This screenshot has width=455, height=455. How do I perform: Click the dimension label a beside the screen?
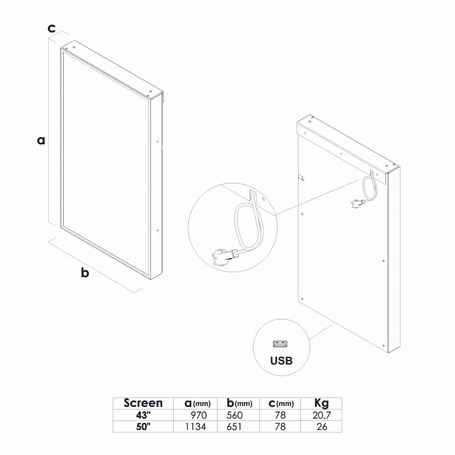tap(41, 141)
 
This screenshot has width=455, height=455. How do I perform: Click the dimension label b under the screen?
tap(85, 273)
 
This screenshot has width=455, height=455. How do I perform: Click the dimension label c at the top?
tap(52, 28)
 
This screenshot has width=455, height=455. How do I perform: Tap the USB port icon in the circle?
tap(281, 343)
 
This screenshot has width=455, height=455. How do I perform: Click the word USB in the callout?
tap(281, 361)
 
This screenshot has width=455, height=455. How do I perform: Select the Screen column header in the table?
tap(143, 403)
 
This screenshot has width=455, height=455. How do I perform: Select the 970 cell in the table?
tap(198, 415)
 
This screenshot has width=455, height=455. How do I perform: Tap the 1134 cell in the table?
tap(196, 427)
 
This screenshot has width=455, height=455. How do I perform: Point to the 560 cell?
tap(235, 415)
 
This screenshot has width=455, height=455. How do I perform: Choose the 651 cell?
tap(235, 427)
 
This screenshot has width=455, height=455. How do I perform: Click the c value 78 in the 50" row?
tap(280, 427)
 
